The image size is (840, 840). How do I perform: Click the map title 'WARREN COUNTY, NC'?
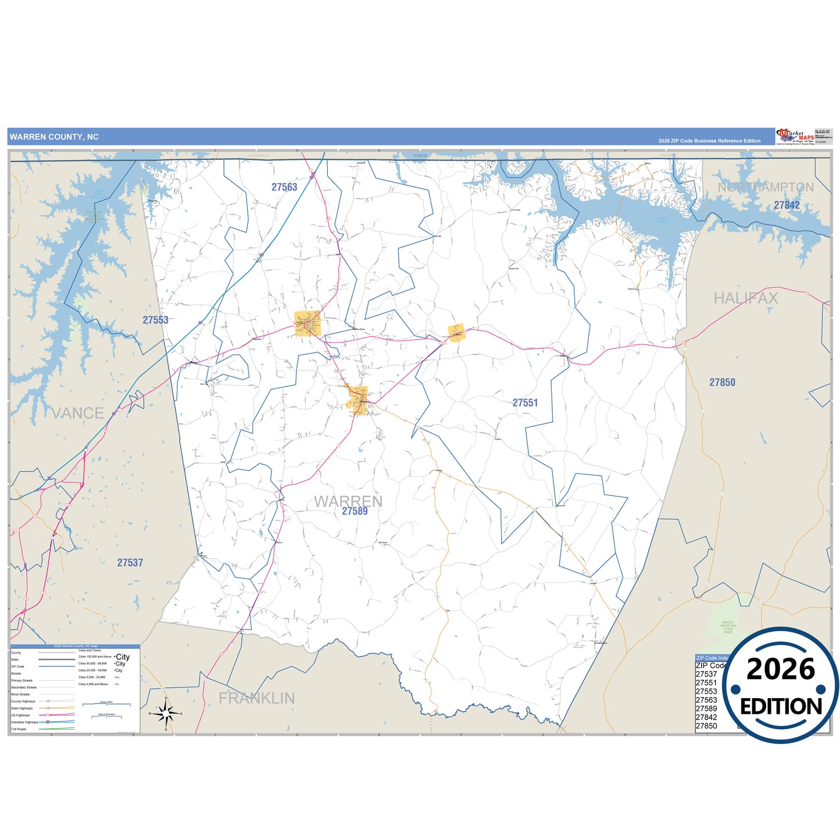click(54, 137)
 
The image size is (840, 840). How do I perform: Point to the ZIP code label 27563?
click(284, 187)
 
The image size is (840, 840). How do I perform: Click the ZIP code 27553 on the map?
click(155, 320)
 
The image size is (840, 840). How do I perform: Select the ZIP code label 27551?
click(525, 403)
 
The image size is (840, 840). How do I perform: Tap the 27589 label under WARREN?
click(355, 512)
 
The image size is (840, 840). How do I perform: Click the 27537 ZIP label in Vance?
click(130, 563)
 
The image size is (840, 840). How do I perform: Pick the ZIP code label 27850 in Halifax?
click(722, 383)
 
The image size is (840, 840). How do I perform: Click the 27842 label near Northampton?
click(787, 205)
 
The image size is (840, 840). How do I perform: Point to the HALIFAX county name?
click(746, 298)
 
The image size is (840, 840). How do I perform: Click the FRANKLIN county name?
click(256, 698)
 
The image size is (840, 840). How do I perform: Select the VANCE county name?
click(78, 413)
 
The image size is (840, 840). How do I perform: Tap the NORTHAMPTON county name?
click(766, 187)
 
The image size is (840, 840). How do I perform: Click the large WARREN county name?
click(348, 501)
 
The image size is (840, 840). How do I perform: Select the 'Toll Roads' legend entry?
click(19, 729)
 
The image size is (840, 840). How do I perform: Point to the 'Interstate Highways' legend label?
click(24, 722)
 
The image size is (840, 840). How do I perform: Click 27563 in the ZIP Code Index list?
click(706, 700)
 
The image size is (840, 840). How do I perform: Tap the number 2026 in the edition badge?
click(780, 670)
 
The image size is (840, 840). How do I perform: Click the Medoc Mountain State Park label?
click(728, 627)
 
